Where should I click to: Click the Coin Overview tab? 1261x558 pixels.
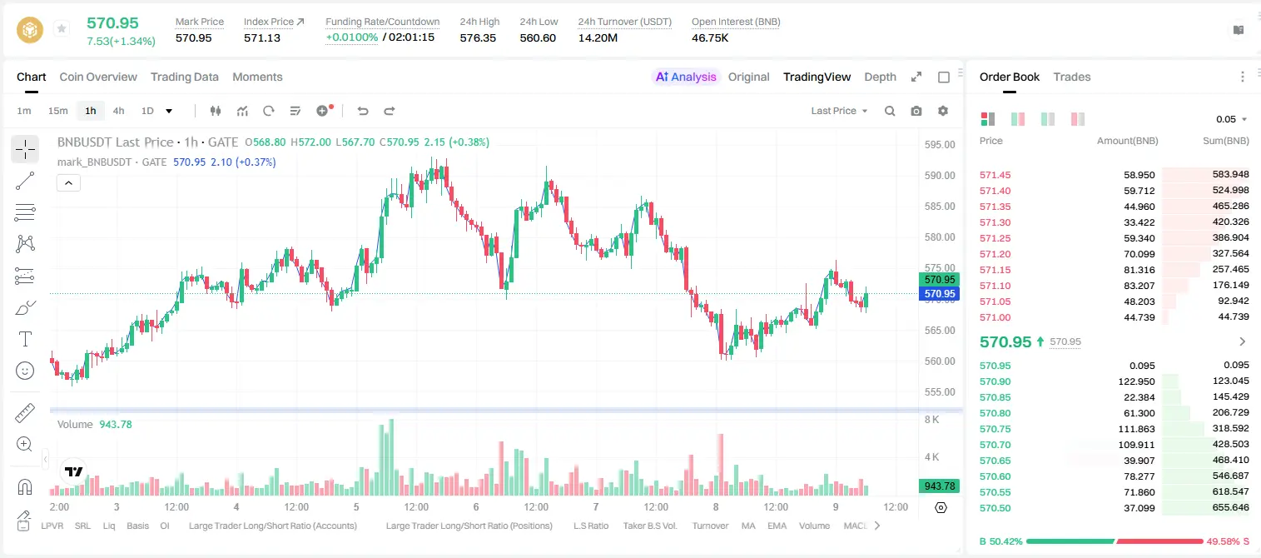click(98, 77)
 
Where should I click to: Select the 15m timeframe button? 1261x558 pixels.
click(58, 111)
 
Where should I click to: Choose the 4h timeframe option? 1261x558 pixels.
click(118, 111)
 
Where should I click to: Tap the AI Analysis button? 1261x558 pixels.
click(686, 77)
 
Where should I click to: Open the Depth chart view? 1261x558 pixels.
click(880, 77)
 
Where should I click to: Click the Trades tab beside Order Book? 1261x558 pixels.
click(1072, 77)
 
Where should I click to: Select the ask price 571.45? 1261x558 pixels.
click(995, 175)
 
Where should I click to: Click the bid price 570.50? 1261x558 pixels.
click(995, 508)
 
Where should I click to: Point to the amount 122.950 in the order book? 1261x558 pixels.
click(1136, 381)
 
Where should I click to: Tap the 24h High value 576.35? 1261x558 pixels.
click(478, 37)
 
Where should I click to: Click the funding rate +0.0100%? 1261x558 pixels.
click(352, 37)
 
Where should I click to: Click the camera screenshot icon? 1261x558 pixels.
click(916, 111)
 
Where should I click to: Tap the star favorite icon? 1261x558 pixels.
click(62, 28)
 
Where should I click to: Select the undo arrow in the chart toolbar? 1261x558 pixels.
click(363, 111)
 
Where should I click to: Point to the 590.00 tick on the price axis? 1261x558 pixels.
click(940, 175)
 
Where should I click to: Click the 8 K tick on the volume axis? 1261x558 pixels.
click(931, 420)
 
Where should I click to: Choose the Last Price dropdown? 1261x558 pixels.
click(839, 111)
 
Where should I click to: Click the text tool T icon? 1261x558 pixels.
click(25, 339)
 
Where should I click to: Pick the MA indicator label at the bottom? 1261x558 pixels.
click(748, 526)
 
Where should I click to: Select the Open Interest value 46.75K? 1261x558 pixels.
click(710, 37)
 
